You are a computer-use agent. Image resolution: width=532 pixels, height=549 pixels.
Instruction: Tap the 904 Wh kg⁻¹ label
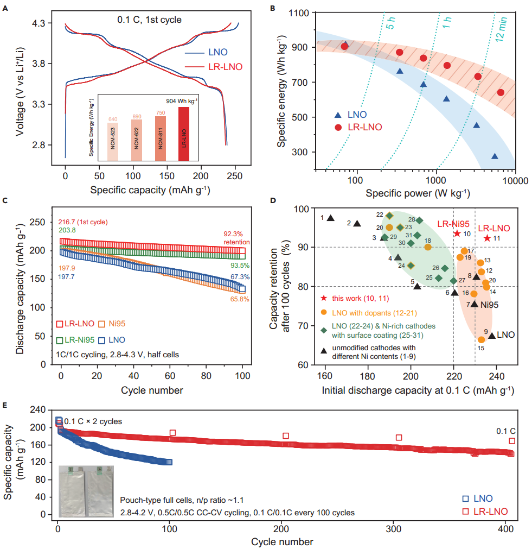[181, 101]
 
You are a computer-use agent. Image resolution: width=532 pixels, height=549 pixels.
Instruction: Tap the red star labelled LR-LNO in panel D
[488, 238]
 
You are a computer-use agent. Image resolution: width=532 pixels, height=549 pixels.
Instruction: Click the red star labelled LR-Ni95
[457, 234]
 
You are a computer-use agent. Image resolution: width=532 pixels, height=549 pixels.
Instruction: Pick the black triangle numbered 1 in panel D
[330, 218]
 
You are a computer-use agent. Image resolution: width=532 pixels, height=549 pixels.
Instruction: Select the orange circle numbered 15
[481, 339]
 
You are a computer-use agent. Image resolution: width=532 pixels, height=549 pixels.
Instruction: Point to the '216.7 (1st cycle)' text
[82, 222]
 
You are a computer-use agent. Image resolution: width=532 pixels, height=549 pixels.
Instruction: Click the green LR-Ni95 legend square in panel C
[60, 340]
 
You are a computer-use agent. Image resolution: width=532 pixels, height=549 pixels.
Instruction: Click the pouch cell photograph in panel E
[86, 491]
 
